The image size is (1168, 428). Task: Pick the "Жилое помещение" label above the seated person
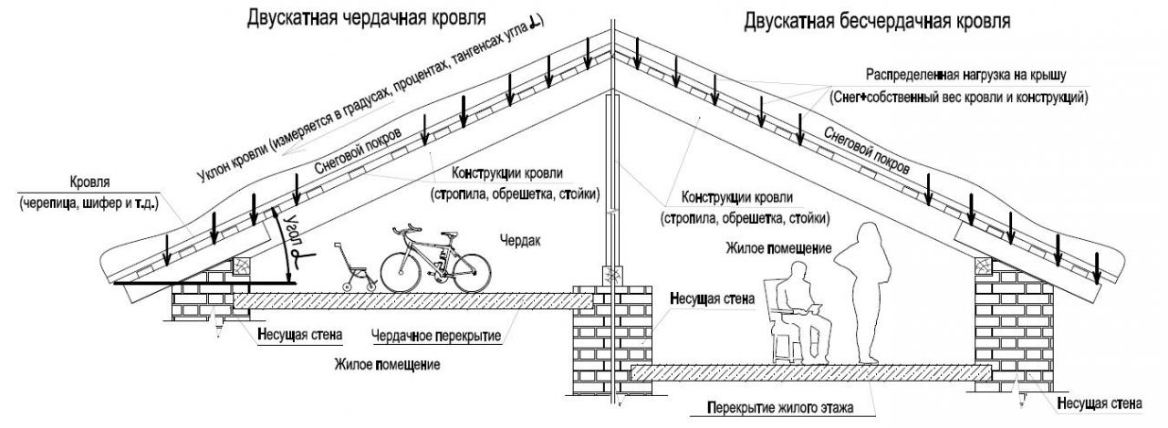(778, 248)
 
